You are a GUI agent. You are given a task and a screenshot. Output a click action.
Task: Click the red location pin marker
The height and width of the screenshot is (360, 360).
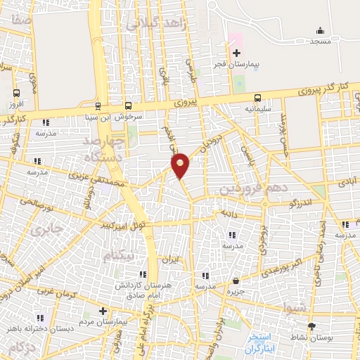point(181,165)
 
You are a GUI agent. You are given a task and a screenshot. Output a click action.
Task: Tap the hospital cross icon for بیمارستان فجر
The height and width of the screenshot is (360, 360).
point(236,53)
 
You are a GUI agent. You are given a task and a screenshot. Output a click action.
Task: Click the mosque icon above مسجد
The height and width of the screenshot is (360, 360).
point(321,30)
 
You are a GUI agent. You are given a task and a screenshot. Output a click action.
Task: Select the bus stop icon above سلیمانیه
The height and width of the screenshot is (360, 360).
point(258,98)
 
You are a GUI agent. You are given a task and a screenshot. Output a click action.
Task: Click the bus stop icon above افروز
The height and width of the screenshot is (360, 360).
point(16,93)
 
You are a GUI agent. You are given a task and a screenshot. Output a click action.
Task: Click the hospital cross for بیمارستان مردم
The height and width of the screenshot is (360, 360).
point(103,310)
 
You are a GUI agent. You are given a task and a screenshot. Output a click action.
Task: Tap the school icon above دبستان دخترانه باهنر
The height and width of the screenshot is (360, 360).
point(47,318)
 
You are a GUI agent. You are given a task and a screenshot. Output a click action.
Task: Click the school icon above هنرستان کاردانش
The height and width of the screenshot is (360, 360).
point(143,274)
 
